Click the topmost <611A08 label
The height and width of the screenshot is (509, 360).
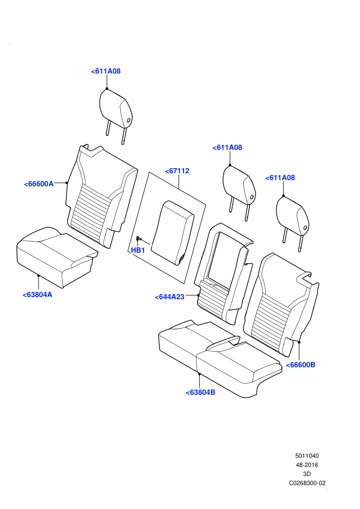click(106, 71)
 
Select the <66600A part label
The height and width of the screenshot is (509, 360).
click(39, 184)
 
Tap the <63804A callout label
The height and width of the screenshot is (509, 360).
click(38, 295)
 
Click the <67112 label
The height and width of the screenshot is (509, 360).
click(177, 171)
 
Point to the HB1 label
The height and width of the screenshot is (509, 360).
click(138, 250)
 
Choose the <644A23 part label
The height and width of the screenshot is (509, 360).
click(169, 297)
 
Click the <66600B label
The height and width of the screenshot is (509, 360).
click(300, 365)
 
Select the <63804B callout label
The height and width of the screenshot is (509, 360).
click(200, 392)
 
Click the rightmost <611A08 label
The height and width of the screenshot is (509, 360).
click(280, 177)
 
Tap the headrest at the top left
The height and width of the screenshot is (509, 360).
click(116, 112)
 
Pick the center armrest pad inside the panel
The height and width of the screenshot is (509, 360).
click(173, 232)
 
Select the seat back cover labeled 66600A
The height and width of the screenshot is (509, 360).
click(102, 197)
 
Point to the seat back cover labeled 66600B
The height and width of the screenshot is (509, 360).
click(281, 304)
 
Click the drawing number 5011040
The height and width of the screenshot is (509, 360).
click(307, 456)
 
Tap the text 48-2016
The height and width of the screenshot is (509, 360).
click(307, 465)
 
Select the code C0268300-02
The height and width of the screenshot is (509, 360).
click(307, 483)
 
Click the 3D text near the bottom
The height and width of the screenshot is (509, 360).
click(307, 474)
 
